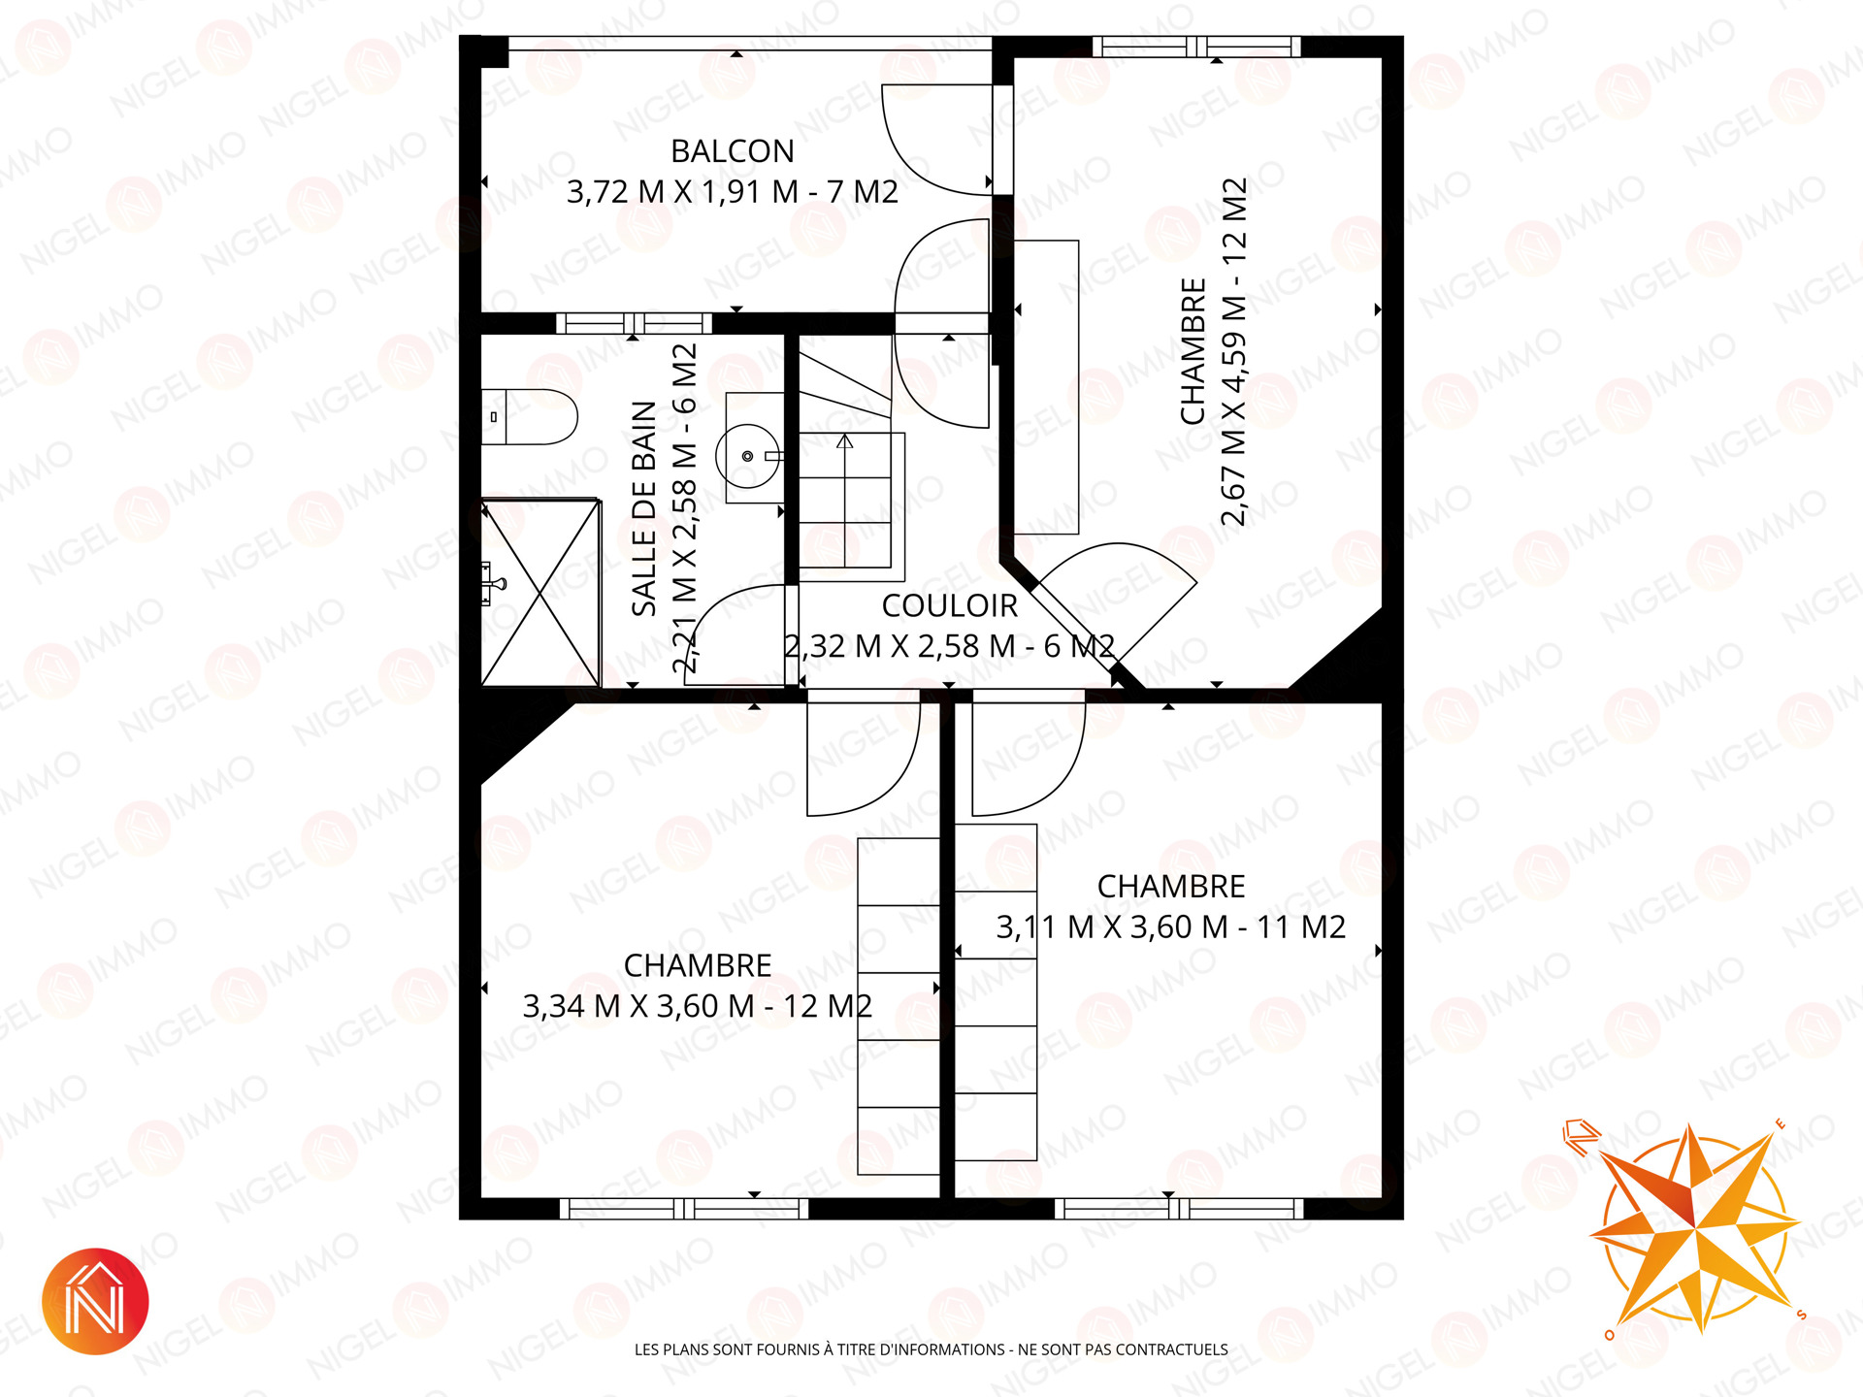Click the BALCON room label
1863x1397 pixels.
coord(733,151)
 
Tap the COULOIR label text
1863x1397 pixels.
coord(949,605)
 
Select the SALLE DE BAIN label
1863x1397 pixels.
coord(644,508)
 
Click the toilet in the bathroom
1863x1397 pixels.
coord(530,416)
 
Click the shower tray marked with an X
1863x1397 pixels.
coord(540,592)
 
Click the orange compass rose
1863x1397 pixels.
coord(1693,1227)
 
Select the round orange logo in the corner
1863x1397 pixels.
coord(95,1301)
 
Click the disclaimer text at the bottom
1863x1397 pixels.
coord(931,1349)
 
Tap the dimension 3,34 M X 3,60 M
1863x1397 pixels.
coord(638,1006)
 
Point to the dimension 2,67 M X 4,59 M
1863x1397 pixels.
coord(1233,429)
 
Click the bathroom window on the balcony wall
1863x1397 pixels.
coord(634,323)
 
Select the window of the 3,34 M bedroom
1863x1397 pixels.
coord(684,1209)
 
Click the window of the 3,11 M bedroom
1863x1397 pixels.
coord(1179,1209)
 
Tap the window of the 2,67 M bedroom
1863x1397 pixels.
coord(1196,47)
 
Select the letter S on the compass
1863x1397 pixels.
coord(1802,1316)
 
